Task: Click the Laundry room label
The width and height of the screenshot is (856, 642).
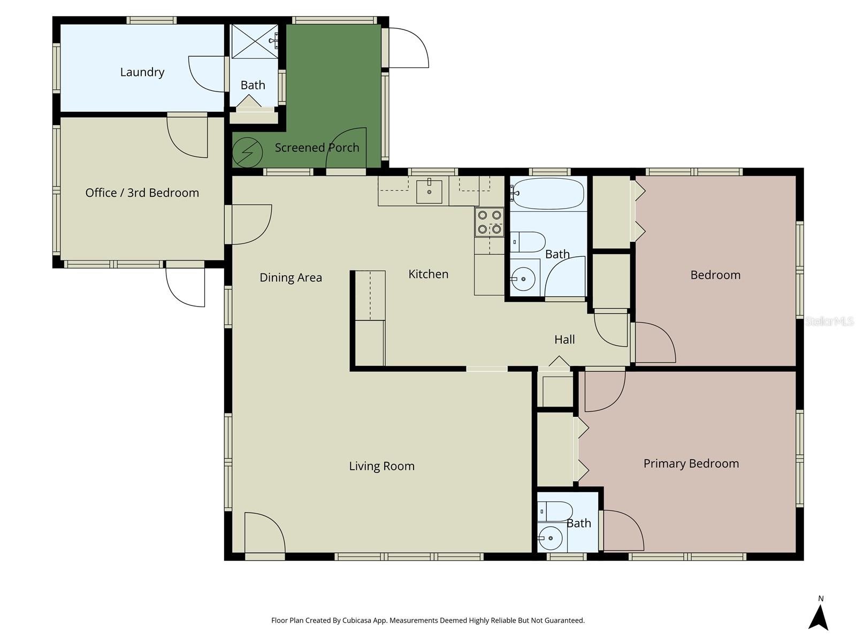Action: coord(142,72)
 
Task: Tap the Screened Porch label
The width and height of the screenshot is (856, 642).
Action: coord(317,148)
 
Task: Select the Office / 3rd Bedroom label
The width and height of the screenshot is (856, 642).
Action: coord(142,193)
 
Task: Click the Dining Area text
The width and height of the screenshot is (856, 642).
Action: coord(291,278)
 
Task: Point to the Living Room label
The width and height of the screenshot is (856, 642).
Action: coord(381,466)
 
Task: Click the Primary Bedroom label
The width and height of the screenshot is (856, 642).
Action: coord(691,464)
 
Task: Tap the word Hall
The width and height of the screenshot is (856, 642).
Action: coord(564,340)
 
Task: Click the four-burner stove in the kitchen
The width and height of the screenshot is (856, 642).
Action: coord(490,222)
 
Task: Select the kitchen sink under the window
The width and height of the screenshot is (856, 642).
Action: coord(429,192)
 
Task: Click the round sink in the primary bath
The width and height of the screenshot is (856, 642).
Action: coord(549,538)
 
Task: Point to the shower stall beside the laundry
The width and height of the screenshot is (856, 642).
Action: coord(255,41)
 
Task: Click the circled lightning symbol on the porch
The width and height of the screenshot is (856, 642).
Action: coord(248,152)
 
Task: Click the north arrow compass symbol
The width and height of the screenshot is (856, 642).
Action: coord(819,616)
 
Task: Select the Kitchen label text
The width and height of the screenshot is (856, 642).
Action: coord(428,274)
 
